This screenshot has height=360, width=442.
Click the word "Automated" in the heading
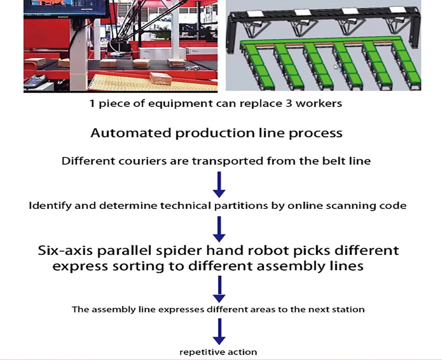click(x=131, y=133)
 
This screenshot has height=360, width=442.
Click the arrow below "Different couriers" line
click(x=219, y=185)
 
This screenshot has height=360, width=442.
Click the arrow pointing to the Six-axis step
click(x=219, y=229)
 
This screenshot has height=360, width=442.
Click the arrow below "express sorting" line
click(x=219, y=289)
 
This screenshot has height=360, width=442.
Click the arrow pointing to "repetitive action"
click(x=219, y=332)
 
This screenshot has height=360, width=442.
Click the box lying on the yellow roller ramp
click(x=161, y=79)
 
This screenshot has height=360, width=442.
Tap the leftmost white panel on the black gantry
click(x=255, y=13)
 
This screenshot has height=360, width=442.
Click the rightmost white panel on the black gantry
click(x=398, y=10)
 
